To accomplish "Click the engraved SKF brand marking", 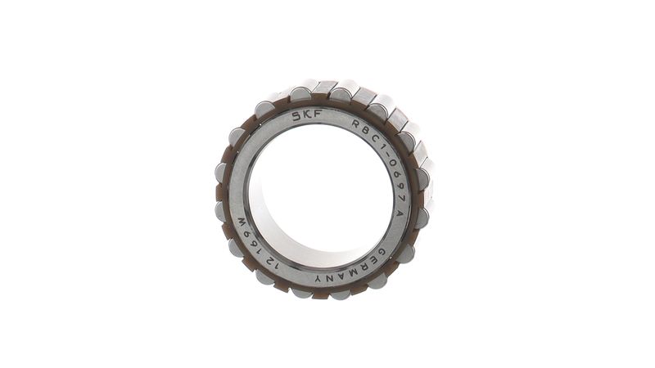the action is pyautogui.click(x=308, y=114).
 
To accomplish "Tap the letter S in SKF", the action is pyautogui.click(x=297, y=116).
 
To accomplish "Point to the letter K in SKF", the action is pyautogui.click(x=308, y=114).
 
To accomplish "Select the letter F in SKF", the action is pyautogui.click(x=318, y=114).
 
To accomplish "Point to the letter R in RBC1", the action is pyautogui.click(x=357, y=123).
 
